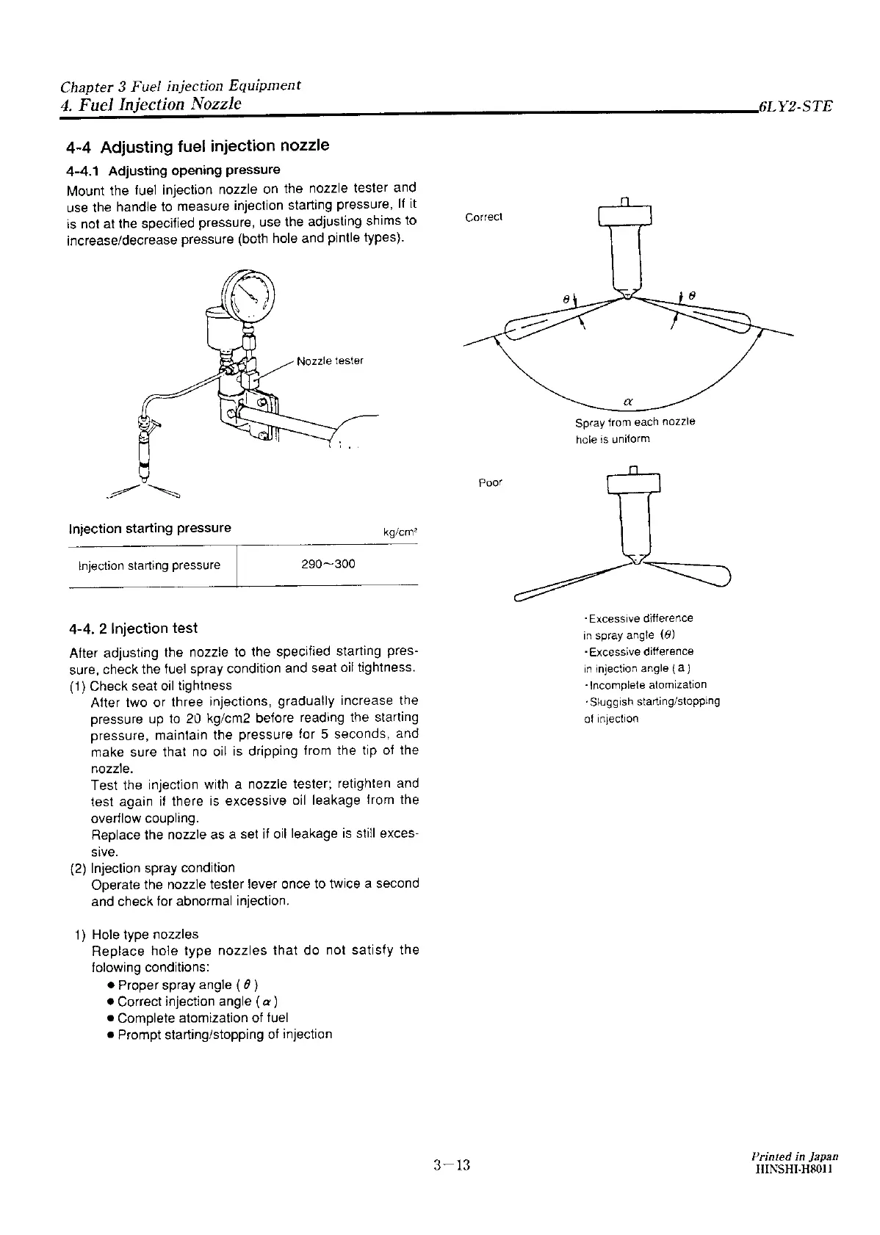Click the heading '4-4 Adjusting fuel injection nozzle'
[198, 146]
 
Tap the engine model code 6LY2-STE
[796, 106]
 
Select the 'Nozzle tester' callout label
[330, 361]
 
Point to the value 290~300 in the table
[328, 564]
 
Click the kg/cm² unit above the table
[400, 532]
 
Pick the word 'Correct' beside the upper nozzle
[484, 217]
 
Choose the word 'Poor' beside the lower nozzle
[490, 483]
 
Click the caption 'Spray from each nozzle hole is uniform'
[635, 430]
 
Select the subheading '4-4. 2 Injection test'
[133, 629]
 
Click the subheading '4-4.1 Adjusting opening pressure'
[173, 170]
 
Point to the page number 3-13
[451, 1165]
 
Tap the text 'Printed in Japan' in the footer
[791, 1156]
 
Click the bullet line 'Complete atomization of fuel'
[202, 1018]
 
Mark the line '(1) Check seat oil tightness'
[151, 685]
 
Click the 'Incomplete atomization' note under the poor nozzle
[645, 684]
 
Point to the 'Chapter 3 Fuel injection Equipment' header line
[181, 85]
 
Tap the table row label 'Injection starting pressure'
[149, 565]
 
